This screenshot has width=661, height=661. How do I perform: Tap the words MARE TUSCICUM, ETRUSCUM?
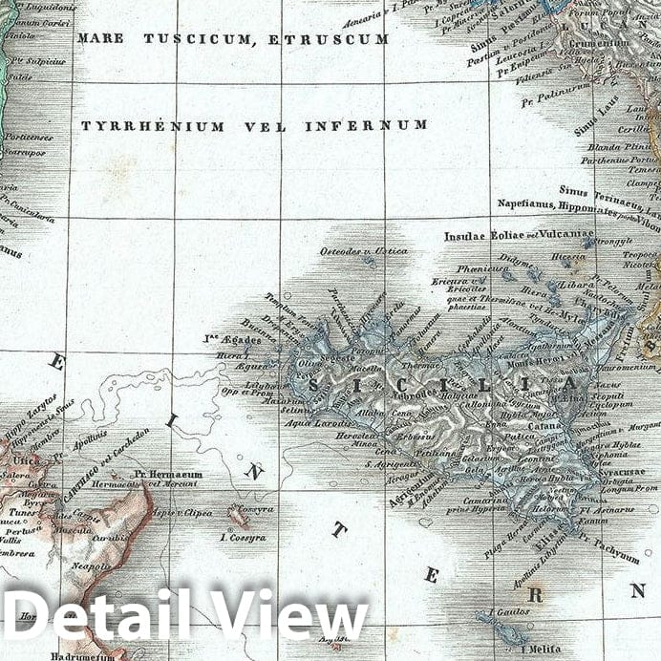[x=233, y=40]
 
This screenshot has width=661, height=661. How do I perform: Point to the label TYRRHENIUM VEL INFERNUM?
[x=253, y=125]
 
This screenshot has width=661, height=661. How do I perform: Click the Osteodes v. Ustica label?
[x=363, y=252]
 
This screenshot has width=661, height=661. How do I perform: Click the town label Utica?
[x=20, y=460]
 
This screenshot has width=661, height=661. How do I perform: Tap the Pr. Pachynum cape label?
[x=608, y=548]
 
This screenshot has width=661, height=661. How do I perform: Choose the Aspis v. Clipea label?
[x=182, y=513]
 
